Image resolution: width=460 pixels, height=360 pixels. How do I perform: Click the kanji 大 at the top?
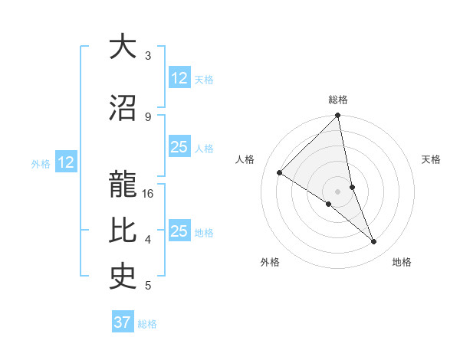click(123, 47)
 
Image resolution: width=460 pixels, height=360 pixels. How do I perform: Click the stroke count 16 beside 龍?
click(149, 194)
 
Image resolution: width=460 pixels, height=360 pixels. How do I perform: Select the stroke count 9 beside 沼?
click(148, 117)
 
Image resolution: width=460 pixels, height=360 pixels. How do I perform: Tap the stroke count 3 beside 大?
click(148, 56)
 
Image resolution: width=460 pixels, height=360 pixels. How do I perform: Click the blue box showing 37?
click(123, 322)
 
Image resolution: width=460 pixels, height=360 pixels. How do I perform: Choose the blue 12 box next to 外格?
click(65, 162)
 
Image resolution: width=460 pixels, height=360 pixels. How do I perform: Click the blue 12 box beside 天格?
click(179, 78)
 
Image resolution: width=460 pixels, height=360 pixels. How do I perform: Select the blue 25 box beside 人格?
click(179, 147)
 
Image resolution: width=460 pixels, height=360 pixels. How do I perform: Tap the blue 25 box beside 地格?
click(179, 231)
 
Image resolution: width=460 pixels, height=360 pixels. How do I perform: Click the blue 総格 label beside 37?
click(147, 324)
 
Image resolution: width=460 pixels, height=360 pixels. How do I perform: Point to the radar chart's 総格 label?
click(338, 100)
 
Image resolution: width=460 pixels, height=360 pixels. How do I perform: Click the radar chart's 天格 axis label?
click(431, 159)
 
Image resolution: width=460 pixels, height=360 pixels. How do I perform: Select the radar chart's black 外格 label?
click(270, 262)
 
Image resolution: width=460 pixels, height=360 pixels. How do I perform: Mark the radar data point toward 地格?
click(374, 242)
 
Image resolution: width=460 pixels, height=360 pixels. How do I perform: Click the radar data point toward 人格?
click(280, 172)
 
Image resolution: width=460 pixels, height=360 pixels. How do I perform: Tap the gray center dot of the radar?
click(337, 190)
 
